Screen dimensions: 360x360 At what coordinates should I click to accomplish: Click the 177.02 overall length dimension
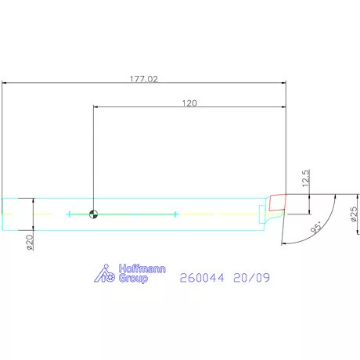click(143, 78)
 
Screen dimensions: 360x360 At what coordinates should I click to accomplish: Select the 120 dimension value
click(189, 103)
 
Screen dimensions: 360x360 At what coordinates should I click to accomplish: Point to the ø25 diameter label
click(355, 216)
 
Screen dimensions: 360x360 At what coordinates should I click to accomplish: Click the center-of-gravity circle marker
click(94, 214)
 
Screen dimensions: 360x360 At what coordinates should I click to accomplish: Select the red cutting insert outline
click(276, 203)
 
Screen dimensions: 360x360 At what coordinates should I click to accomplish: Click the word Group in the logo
click(133, 279)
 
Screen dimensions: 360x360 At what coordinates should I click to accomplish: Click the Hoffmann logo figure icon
click(105, 274)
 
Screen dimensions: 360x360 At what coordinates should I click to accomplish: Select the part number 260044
click(201, 277)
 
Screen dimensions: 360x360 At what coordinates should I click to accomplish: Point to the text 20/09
click(252, 277)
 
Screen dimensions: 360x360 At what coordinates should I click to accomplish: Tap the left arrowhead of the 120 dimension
click(95, 106)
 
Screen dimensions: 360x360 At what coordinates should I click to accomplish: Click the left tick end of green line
click(69, 214)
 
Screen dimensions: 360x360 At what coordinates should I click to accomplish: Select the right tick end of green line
click(177, 214)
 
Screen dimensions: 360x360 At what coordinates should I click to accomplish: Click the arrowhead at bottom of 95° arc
click(283, 243)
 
